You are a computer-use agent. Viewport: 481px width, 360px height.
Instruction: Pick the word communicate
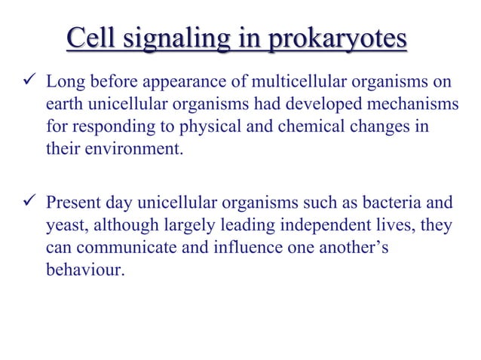[124, 248]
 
